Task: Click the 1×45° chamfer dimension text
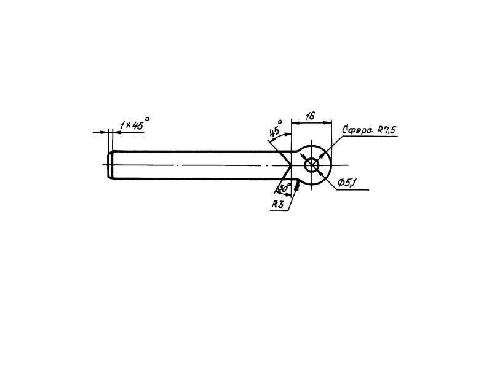(131, 125)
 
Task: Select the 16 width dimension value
(310, 115)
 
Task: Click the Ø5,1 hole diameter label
(347, 183)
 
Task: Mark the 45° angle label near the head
(275, 130)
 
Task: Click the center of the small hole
(312, 165)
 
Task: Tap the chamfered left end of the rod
(111, 165)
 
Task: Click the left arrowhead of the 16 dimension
(294, 122)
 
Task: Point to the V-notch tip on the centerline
(291, 165)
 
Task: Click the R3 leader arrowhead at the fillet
(297, 186)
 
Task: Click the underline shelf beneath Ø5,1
(354, 190)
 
